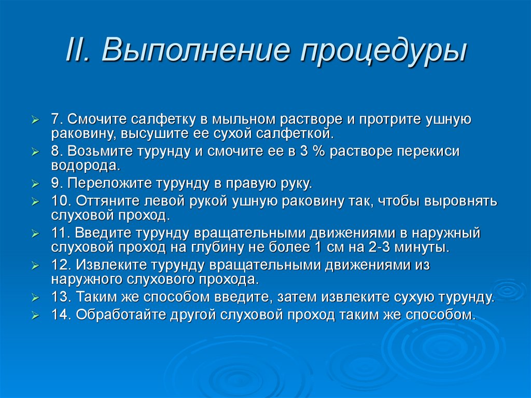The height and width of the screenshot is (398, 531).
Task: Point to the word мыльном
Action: [241, 119]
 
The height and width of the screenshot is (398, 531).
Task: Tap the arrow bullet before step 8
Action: [35, 152]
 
